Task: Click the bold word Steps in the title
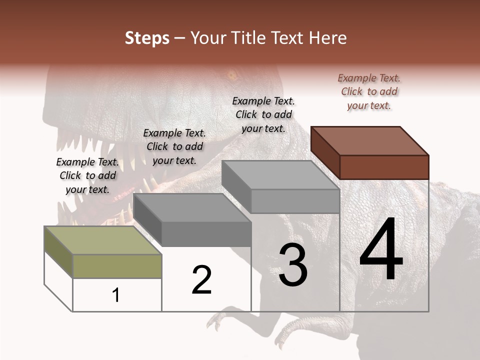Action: click(147, 38)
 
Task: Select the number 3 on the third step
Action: click(292, 265)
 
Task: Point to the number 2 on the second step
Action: click(201, 280)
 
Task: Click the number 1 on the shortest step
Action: click(116, 295)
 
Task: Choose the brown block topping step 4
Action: click(370, 152)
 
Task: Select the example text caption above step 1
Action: click(87, 175)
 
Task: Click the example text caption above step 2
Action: click(174, 146)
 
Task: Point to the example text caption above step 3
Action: click(263, 114)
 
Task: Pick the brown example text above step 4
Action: click(369, 91)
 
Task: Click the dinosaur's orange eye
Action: click(231, 76)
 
